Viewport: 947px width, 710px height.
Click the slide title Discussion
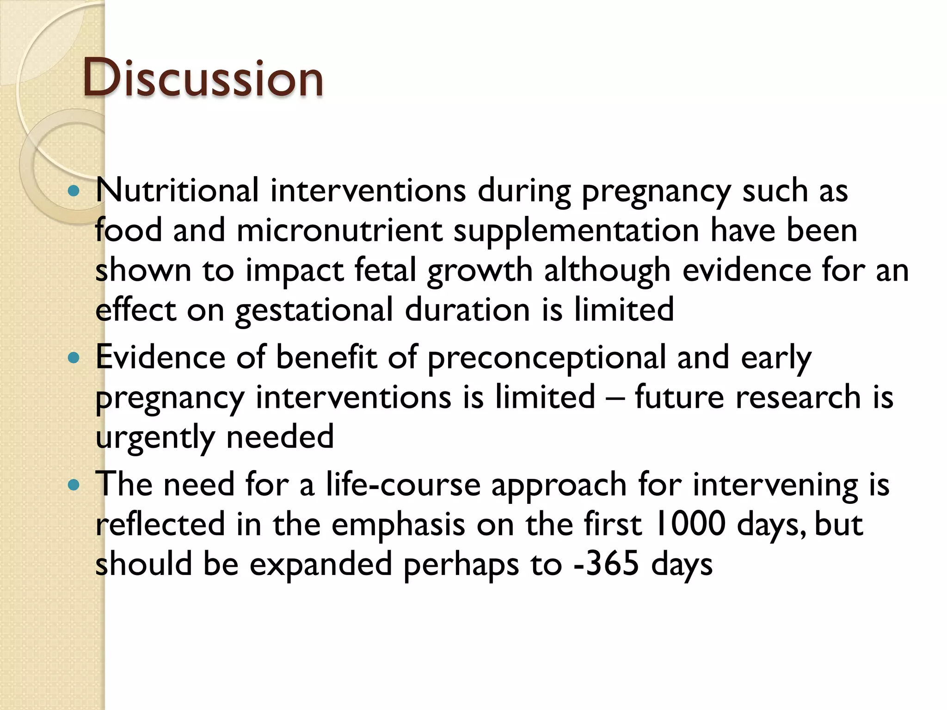coord(203,79)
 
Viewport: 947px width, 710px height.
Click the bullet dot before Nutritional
coord(74,190)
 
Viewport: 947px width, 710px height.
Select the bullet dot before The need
coord(74,485)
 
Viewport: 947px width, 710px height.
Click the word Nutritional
coord(177,190)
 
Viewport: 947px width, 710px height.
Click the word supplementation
coord(576,231)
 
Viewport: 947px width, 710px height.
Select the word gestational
coord(314,310)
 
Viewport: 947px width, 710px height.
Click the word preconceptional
coord(546,358)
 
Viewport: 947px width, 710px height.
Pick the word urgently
coord(155,437)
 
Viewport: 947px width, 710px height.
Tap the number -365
coord(606,564)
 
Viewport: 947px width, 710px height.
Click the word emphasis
coord(398,525)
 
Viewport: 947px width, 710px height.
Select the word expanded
coord(321,565)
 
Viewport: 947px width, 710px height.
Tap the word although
coord(607,270)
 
